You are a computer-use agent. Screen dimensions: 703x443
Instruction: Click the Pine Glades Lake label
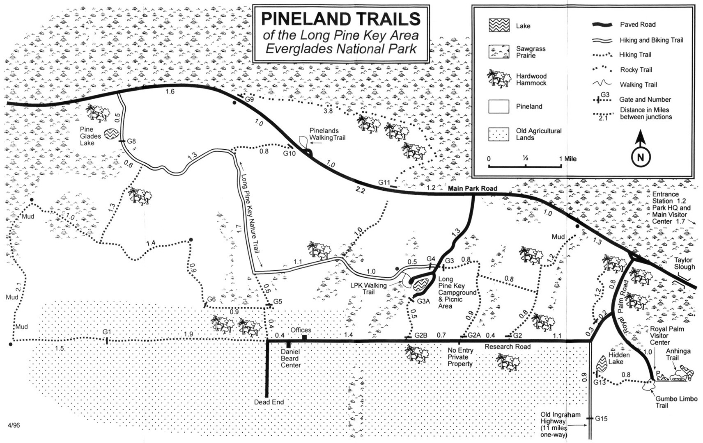pos(90,136)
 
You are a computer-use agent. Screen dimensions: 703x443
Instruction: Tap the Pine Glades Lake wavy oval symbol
pos(111,134)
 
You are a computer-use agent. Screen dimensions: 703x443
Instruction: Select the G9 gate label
pos(249,99)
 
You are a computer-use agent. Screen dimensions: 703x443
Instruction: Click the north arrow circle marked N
pos(640,158)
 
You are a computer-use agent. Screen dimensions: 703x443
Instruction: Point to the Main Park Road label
pos(472,189)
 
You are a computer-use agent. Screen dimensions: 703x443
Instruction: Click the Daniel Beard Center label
pos(290,359)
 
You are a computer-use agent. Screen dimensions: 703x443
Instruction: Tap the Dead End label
pos(269,402)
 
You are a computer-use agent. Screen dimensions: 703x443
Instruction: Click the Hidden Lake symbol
pos(602,364)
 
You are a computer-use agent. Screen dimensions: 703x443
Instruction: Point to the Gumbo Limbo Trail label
pos(676,402)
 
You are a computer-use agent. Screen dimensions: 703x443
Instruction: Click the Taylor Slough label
pos(684,263)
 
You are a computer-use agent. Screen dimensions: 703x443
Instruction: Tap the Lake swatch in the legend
pos(499,25)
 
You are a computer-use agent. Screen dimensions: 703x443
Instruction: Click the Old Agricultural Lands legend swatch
pos(499,134)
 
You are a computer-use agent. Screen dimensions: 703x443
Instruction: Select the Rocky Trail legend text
pos(636,70)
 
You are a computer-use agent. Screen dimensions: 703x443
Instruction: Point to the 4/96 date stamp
pos(14,425)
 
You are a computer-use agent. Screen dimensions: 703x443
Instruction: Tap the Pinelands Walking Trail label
pos(327,134)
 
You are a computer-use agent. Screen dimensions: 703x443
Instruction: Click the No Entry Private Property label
pos(460,357)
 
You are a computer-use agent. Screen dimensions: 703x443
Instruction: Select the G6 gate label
pos(211,299)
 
